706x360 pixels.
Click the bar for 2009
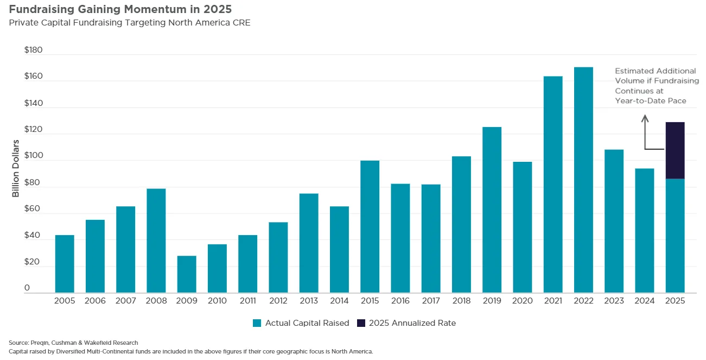(x=187, y=274)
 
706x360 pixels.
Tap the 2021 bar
(x=553, y=185)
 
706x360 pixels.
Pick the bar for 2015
(x=370, y=227)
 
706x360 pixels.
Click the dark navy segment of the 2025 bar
(x=675, y=150)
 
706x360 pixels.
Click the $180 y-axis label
(x=33, y=50)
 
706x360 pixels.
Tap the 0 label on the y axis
(x=27, y=288)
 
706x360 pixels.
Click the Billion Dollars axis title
(x=16, y=168)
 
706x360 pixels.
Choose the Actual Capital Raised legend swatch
(x=257, y=323)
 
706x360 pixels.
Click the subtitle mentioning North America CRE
(x=129, y=23)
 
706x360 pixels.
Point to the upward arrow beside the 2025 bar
(x=645, y=130)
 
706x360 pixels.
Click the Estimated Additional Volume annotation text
(x=656, y=86)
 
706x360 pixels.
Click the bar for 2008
(x=156, y=241)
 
